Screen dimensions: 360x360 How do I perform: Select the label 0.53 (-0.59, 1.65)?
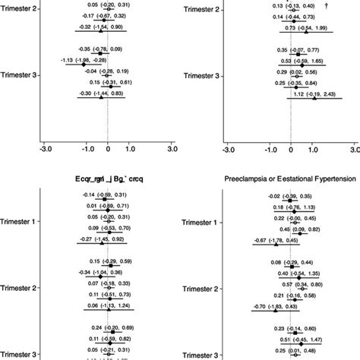[302, 60]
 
